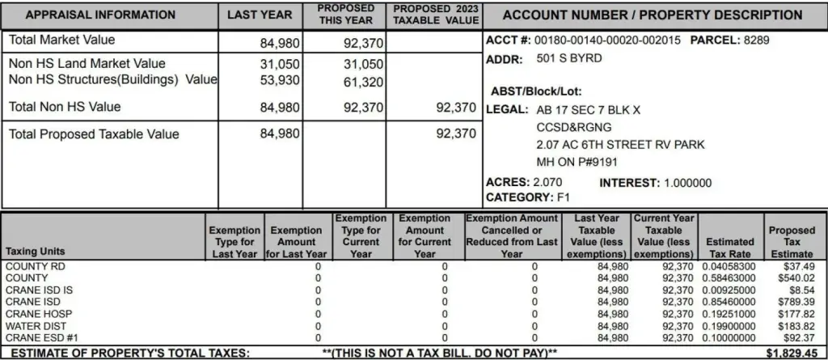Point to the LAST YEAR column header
tap(259, 15)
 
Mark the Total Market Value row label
tap(61, 40)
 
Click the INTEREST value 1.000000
tap(687, 183)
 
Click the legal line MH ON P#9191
tap(575, 161)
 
